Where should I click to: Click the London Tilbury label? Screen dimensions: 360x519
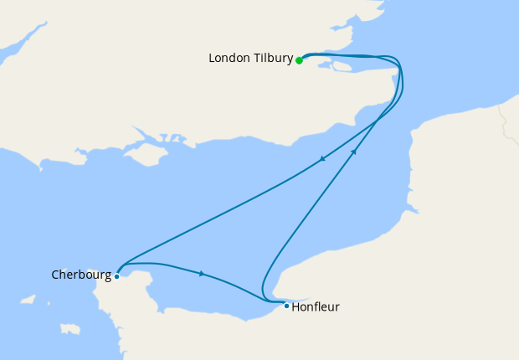coord(250,59)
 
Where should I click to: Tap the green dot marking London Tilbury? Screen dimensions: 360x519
coord(299,60)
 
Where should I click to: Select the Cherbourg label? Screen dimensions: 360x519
coord(80,274)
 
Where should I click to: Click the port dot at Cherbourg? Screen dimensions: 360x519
coord(117,275)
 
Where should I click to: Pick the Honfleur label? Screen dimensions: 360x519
coord(316,306)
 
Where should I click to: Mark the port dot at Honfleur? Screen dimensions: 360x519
coord(286,306)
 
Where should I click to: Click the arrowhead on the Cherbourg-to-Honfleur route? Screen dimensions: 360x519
coord(202,273)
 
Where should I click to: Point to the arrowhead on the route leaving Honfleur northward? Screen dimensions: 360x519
coord(354,152)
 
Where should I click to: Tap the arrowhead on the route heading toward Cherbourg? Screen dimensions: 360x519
coord(322,161)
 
